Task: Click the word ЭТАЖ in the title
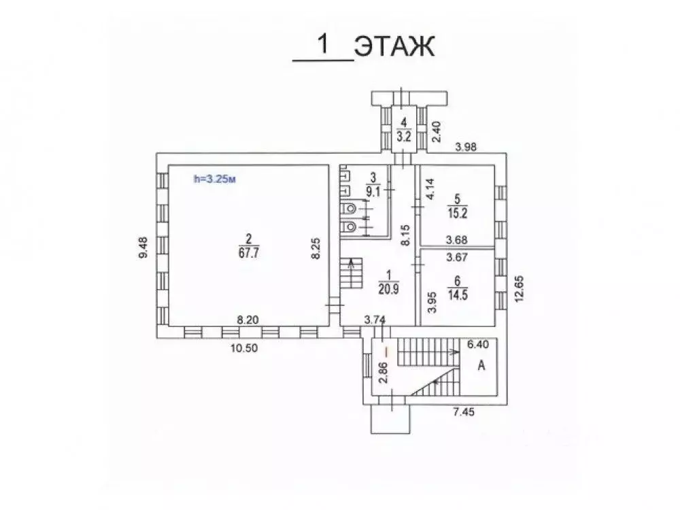click(394, 48)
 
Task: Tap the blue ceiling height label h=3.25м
click(214, 180)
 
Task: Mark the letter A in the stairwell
click(482, 366)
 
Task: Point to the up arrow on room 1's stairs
click(352, 264)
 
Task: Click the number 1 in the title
click(323, 46)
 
